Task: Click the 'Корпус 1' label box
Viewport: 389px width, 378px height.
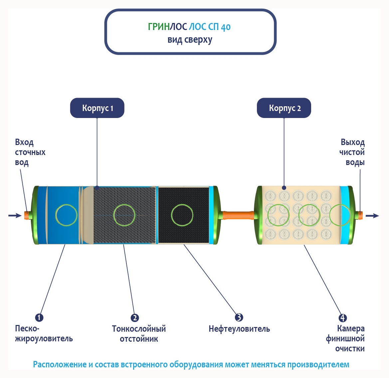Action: (x=97, y=108)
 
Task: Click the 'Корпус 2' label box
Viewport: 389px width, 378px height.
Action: (x=284, y=108)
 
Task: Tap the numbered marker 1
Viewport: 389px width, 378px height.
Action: (x=39, y=317)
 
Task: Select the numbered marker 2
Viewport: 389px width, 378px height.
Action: (x=135, y=318)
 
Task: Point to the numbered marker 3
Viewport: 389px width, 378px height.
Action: (x=239, y=317)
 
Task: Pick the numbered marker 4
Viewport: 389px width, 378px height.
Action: (x=342, y=318)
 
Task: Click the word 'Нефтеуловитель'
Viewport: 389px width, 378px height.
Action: (x=239, y=329)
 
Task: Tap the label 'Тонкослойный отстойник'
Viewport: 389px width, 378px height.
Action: (x=139, y=334)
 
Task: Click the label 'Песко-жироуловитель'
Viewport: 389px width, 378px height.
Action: (x=44, y=334)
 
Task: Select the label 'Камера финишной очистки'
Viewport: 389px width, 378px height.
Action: (x=345, y=339)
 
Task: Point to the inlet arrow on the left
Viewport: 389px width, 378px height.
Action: (x=15, y=216)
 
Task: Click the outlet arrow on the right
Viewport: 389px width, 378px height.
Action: (x=372, y=216)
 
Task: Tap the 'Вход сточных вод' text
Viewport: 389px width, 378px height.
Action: (x=30, y=152)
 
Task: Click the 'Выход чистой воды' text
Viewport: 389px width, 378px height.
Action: (x=352, y=152)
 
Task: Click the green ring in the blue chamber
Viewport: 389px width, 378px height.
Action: (x=66, y=215)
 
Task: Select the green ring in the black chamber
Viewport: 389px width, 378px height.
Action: (x=182, y=215)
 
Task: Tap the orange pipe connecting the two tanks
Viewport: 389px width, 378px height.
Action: (x=238, y=215)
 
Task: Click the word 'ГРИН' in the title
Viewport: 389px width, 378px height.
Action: (x=159, y=27)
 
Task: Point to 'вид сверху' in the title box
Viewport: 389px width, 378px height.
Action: (x=190, y=40)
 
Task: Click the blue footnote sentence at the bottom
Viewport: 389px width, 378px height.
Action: (x=191, y=364)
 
